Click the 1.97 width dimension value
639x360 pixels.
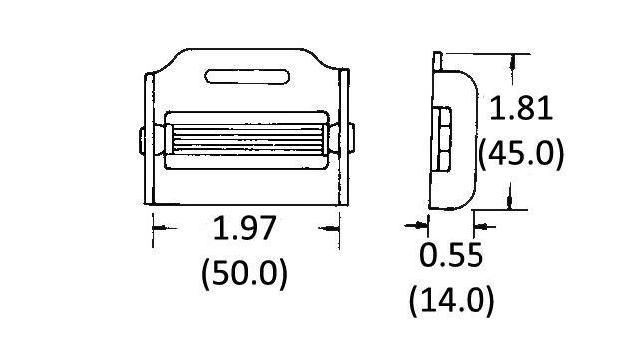245,228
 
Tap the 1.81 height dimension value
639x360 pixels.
521,108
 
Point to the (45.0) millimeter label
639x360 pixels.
521,152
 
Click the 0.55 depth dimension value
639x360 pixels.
452,255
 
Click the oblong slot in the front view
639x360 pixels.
247,76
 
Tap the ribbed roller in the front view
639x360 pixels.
248,139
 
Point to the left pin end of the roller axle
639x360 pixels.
142,140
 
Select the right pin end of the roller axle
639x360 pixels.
352,139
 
